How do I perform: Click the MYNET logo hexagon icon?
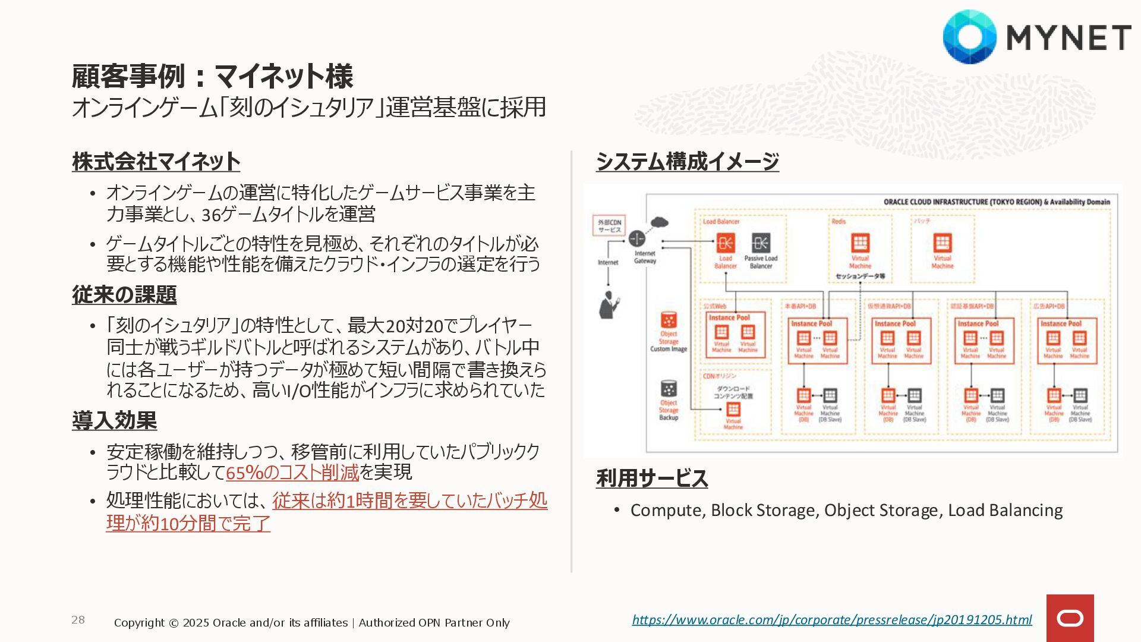969,37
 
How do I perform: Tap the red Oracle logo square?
1070,618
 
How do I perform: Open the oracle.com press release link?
831,619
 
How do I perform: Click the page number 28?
78,620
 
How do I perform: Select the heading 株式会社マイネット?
156,162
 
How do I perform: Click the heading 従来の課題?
124,295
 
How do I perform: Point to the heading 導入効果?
114,421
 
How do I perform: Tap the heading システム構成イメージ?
687,162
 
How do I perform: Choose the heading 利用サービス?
651,479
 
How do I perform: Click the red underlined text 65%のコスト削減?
292,473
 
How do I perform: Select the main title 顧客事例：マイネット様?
212,76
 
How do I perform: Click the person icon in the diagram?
608,304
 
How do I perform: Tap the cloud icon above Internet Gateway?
659,223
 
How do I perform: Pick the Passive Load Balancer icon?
761,243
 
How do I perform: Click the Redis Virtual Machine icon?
860,243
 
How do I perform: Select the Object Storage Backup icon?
669,389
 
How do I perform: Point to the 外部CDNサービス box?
609,226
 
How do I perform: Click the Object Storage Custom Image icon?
669,320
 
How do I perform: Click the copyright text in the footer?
311,622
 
